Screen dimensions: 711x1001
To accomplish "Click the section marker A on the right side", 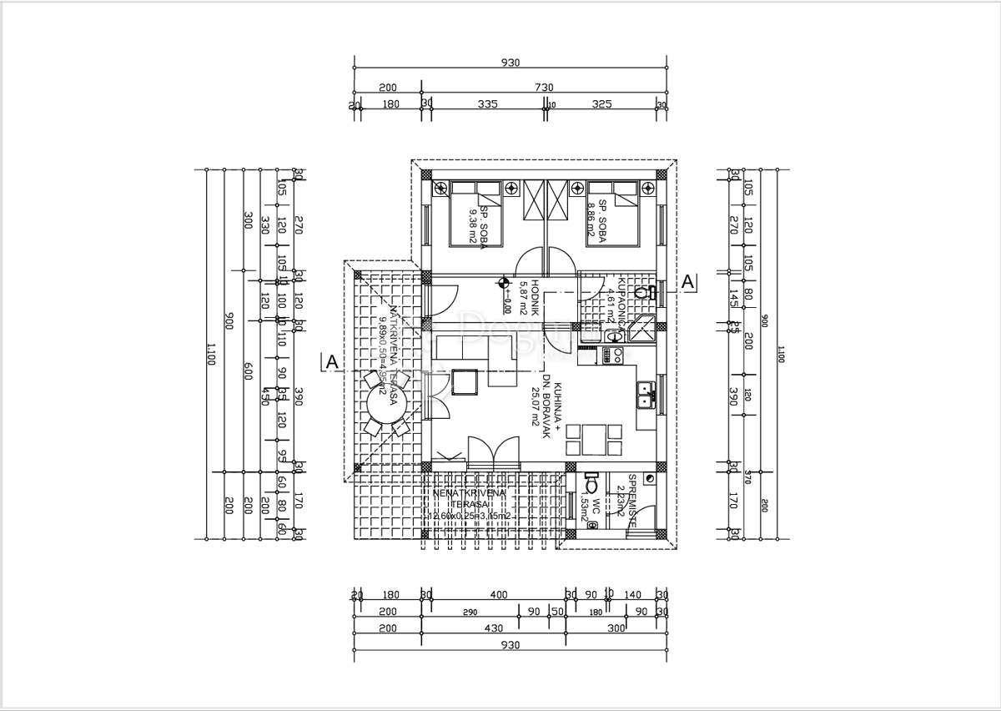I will [x=688, y=283].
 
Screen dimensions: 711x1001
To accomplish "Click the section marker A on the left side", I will [x=331, y=362].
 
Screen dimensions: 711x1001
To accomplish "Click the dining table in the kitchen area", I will [x=594, y=439].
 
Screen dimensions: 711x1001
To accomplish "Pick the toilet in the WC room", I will [x=591, y=484].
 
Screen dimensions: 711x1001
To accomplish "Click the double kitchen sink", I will [x=645, y=394].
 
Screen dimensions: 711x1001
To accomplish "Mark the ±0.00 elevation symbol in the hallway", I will [x=503, y=284].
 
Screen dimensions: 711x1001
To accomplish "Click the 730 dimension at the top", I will [x=543, y=88].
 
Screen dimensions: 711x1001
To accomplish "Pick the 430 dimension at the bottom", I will [x=494, y=628].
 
